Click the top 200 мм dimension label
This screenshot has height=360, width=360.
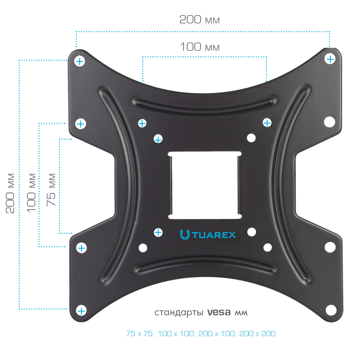(x=199, y=20)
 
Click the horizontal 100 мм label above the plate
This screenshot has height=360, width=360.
(x=200, y=47)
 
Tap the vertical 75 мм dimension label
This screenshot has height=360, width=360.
(x=51, y=190)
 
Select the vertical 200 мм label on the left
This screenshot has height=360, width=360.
(x=10, y=193)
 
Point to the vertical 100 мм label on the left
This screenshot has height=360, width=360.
(x=31, y=193)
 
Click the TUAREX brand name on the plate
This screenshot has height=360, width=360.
(x=214, y=235)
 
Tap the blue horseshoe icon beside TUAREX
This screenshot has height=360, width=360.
(x=185, y=235)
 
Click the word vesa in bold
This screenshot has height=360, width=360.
(x=219, y=312)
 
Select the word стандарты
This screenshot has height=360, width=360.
(x=179, y=313)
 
